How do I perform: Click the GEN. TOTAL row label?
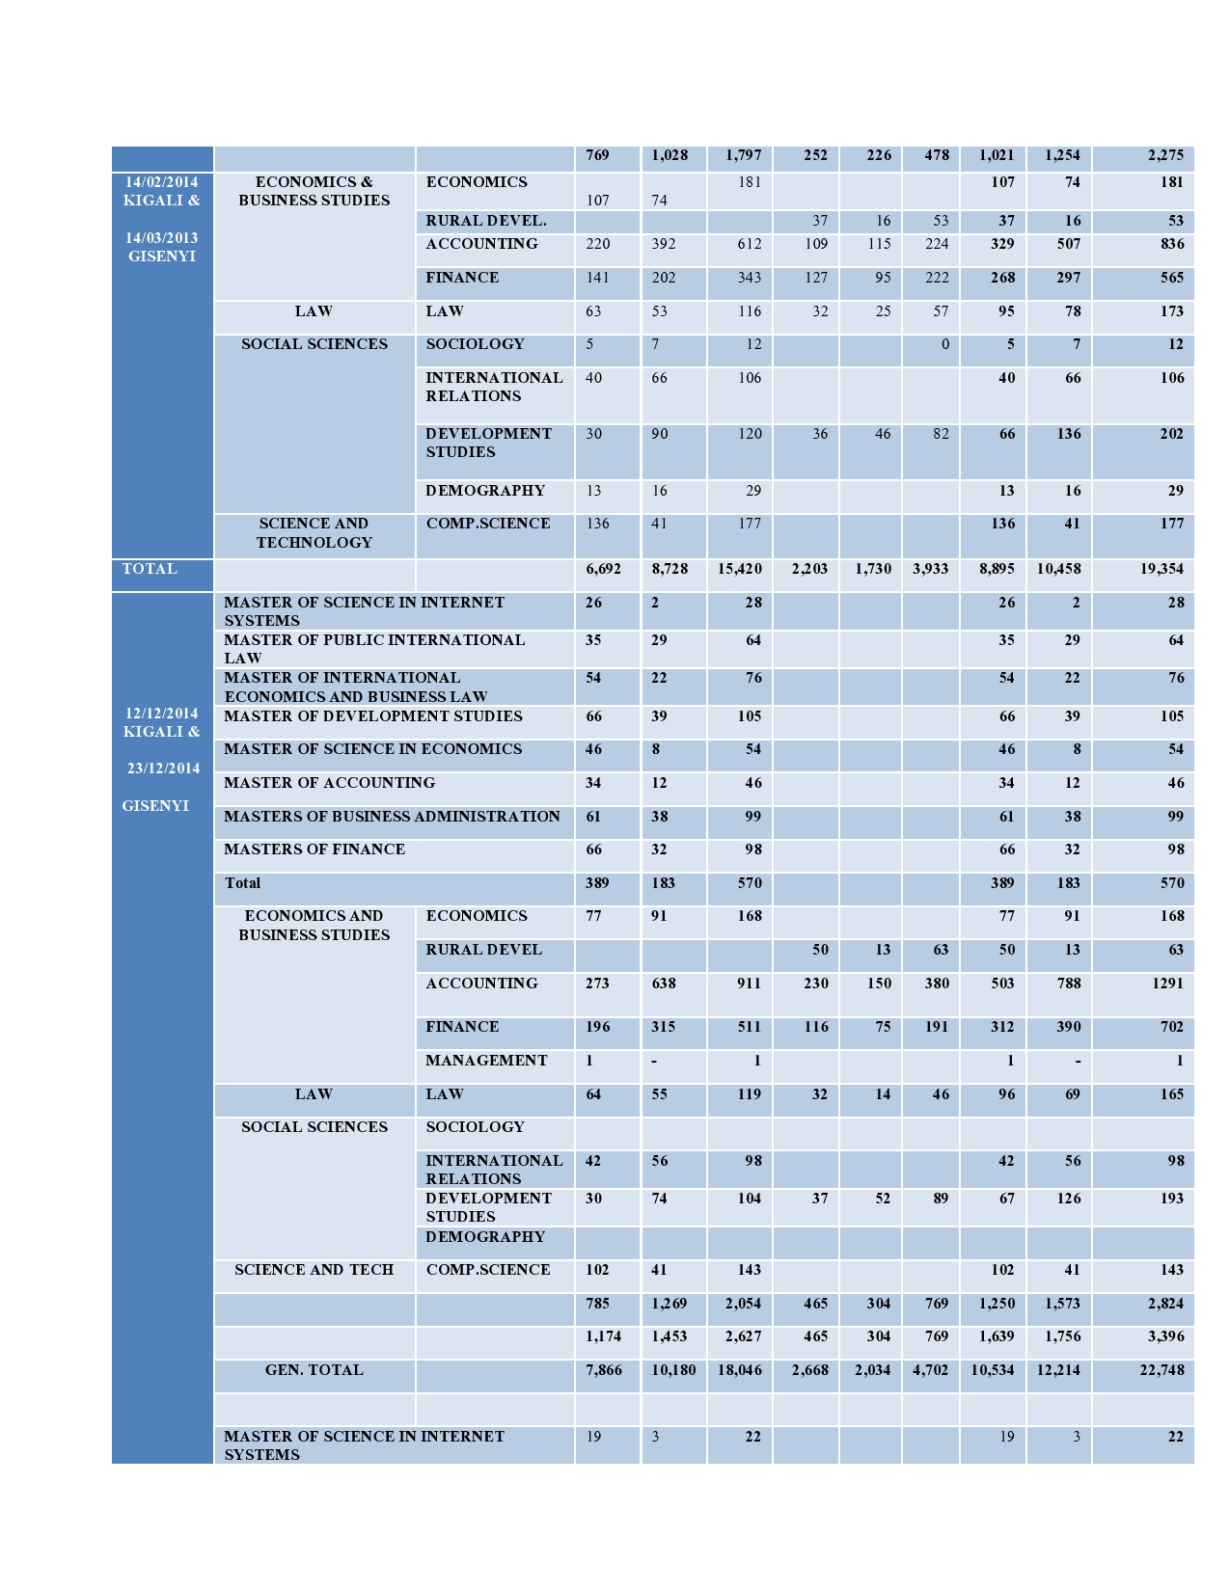point(314,1370)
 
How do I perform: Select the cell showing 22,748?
point(1162,1370)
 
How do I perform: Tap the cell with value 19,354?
point(1162,569)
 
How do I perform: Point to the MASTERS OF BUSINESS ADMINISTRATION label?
point(392,817)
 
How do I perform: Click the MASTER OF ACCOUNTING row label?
point(329,783)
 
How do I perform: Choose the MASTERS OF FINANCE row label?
point(314,849)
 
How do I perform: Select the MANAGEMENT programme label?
point(486,1061)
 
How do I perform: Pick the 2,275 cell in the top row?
point(1165,155)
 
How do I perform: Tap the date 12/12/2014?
point(162,714)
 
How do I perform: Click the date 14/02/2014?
point(162,182)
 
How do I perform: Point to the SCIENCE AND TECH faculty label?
point(314,1270)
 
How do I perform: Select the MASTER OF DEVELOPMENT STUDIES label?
point(373,716)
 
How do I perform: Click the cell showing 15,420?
point(740,569)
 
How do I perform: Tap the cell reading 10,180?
point(673,1370)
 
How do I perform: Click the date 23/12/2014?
point(163,769)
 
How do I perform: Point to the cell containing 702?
point(1172,1027)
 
